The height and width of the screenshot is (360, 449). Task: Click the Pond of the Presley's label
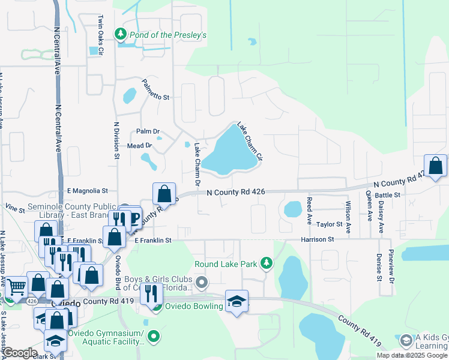168,35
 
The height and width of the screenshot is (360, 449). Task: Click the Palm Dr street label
148,131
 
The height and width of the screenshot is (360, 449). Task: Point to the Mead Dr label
139,146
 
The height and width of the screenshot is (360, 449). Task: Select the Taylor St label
330,224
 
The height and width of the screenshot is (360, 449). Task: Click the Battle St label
387,195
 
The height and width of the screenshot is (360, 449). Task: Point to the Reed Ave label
309,211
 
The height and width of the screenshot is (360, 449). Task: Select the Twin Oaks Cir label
101,36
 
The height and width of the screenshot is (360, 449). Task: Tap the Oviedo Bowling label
195,307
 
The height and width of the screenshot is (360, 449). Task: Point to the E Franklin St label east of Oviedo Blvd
153,240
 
